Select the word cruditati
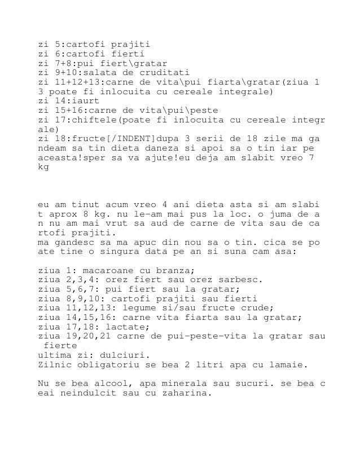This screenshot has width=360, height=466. (164, 73)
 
